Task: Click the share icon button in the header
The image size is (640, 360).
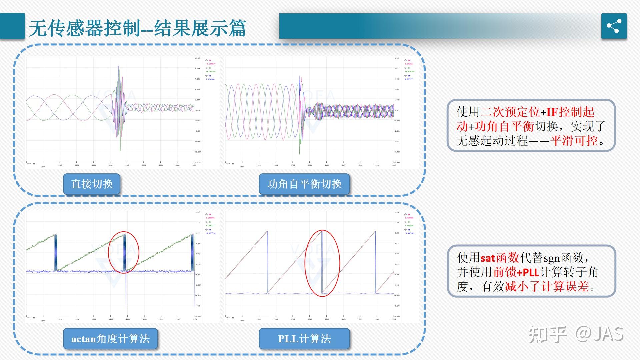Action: point(614,26)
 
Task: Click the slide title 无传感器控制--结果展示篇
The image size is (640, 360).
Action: point(137,28)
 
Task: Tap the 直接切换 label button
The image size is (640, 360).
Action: point(92,184)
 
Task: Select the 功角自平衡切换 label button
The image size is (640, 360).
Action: point(304,184)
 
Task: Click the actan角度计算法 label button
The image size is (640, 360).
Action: point(110,339)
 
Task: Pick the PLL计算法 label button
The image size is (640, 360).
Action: point(304,339)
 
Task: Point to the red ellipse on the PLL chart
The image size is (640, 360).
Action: point(322,263)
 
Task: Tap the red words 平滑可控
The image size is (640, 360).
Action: point(574,141)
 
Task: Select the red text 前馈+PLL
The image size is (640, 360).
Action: point(516,272)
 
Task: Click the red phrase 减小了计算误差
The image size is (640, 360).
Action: point(547,287)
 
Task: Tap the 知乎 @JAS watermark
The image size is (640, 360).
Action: point(576,334)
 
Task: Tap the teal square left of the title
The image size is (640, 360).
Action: point(12,26)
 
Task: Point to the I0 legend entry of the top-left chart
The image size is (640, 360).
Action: point(210,60)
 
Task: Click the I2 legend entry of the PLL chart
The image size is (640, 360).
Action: point(409,230)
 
